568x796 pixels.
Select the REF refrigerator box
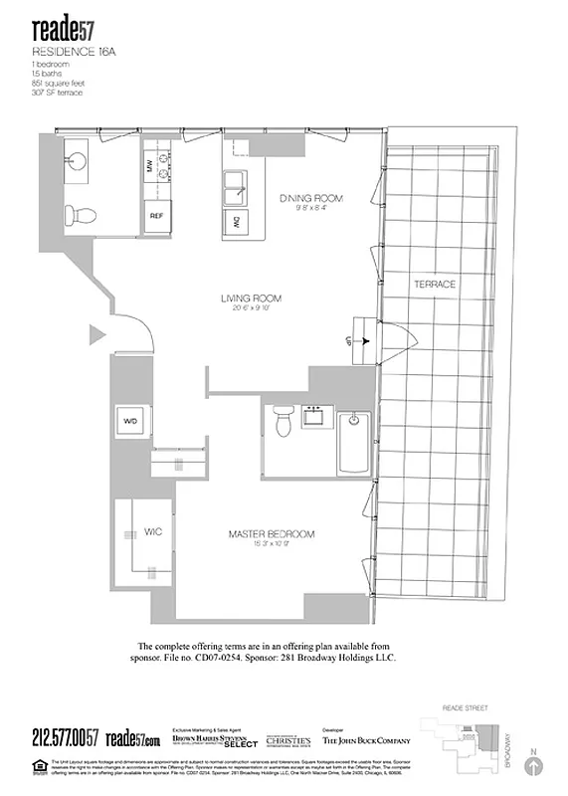click(x=156, y=216)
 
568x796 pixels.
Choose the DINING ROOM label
click(x=310, y=198)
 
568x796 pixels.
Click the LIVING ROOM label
click(x=251, y=298)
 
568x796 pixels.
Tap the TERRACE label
click(x=434, y=285)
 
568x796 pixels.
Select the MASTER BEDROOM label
click(x=271, y=534)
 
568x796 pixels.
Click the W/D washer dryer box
click(x=130, y=421)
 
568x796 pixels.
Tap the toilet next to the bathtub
click(x=282, y=422)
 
